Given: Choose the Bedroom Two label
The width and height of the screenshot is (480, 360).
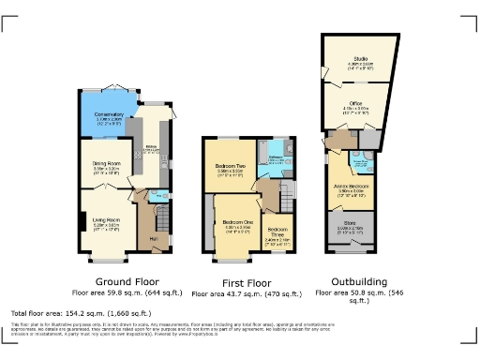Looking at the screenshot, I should point(231,170).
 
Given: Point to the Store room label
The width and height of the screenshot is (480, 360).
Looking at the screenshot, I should point(349,225).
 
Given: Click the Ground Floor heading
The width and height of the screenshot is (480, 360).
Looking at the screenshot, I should point(128,281).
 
